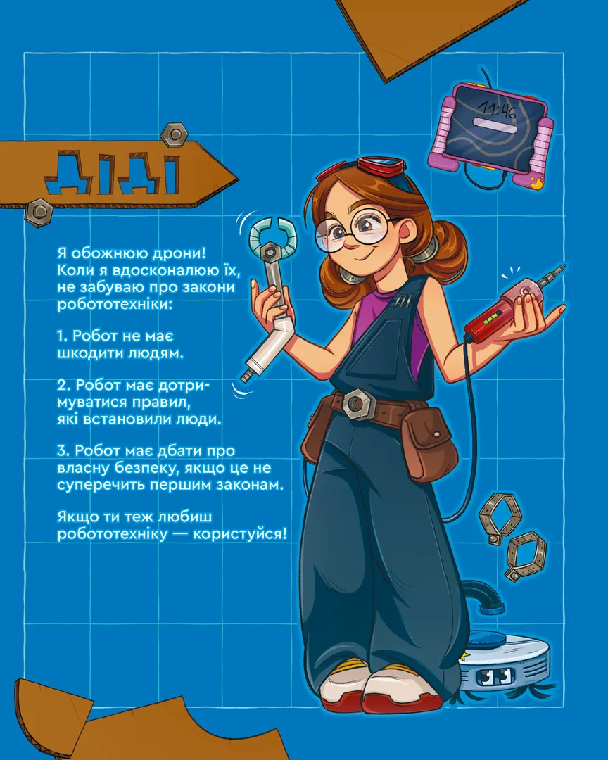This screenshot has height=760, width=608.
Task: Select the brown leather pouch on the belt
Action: (429, 446)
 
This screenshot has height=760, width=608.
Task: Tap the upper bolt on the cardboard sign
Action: (175, 134)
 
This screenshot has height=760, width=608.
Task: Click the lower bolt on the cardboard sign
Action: (38, 213)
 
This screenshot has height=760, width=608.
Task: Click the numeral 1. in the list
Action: (64, 336)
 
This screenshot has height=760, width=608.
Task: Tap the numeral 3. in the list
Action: (63, 451)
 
